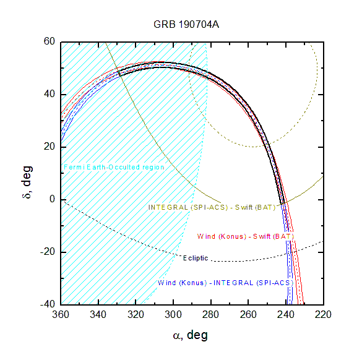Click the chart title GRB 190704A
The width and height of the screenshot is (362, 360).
coord(186,25)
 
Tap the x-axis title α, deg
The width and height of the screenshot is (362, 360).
coord(191,335)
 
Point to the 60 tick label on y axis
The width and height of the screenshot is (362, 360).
coord(50,41)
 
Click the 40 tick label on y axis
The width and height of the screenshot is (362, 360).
coord(50,94)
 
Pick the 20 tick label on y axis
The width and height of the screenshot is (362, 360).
coord(50,147)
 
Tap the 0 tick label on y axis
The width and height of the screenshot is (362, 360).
coord(53,199)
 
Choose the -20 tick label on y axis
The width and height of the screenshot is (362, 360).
coord(48,252)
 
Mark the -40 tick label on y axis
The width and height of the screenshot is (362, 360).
coord(48,304)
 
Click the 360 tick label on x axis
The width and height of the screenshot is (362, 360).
coord(61,315)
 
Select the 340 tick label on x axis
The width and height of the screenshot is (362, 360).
coord(98,315)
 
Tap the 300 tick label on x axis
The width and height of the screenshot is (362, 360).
coord(173,315)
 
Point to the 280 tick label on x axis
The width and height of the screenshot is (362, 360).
coord(210,315)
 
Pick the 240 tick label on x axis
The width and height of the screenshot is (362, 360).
coord(286,315)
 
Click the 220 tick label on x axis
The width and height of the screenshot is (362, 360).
coord(323,315)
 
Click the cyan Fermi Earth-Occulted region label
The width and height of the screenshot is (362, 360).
coord(114,167)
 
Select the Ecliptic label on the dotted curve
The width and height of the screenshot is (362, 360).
coord(196,258)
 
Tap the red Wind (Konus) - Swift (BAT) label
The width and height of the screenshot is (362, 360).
coord(245,236)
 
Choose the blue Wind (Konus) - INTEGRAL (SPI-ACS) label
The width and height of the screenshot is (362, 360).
coord(225,283)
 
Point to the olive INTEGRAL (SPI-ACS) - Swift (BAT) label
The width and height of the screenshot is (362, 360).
coord(212,207)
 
